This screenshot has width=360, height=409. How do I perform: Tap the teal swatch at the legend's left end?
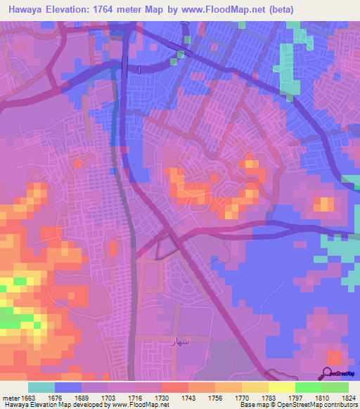[x=41, y=387]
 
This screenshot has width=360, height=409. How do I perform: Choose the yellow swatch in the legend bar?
[x=281, y=387]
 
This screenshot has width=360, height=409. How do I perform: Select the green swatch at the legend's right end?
[x=335, y=387]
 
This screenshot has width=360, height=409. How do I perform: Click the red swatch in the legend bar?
[x=174, y=387]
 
